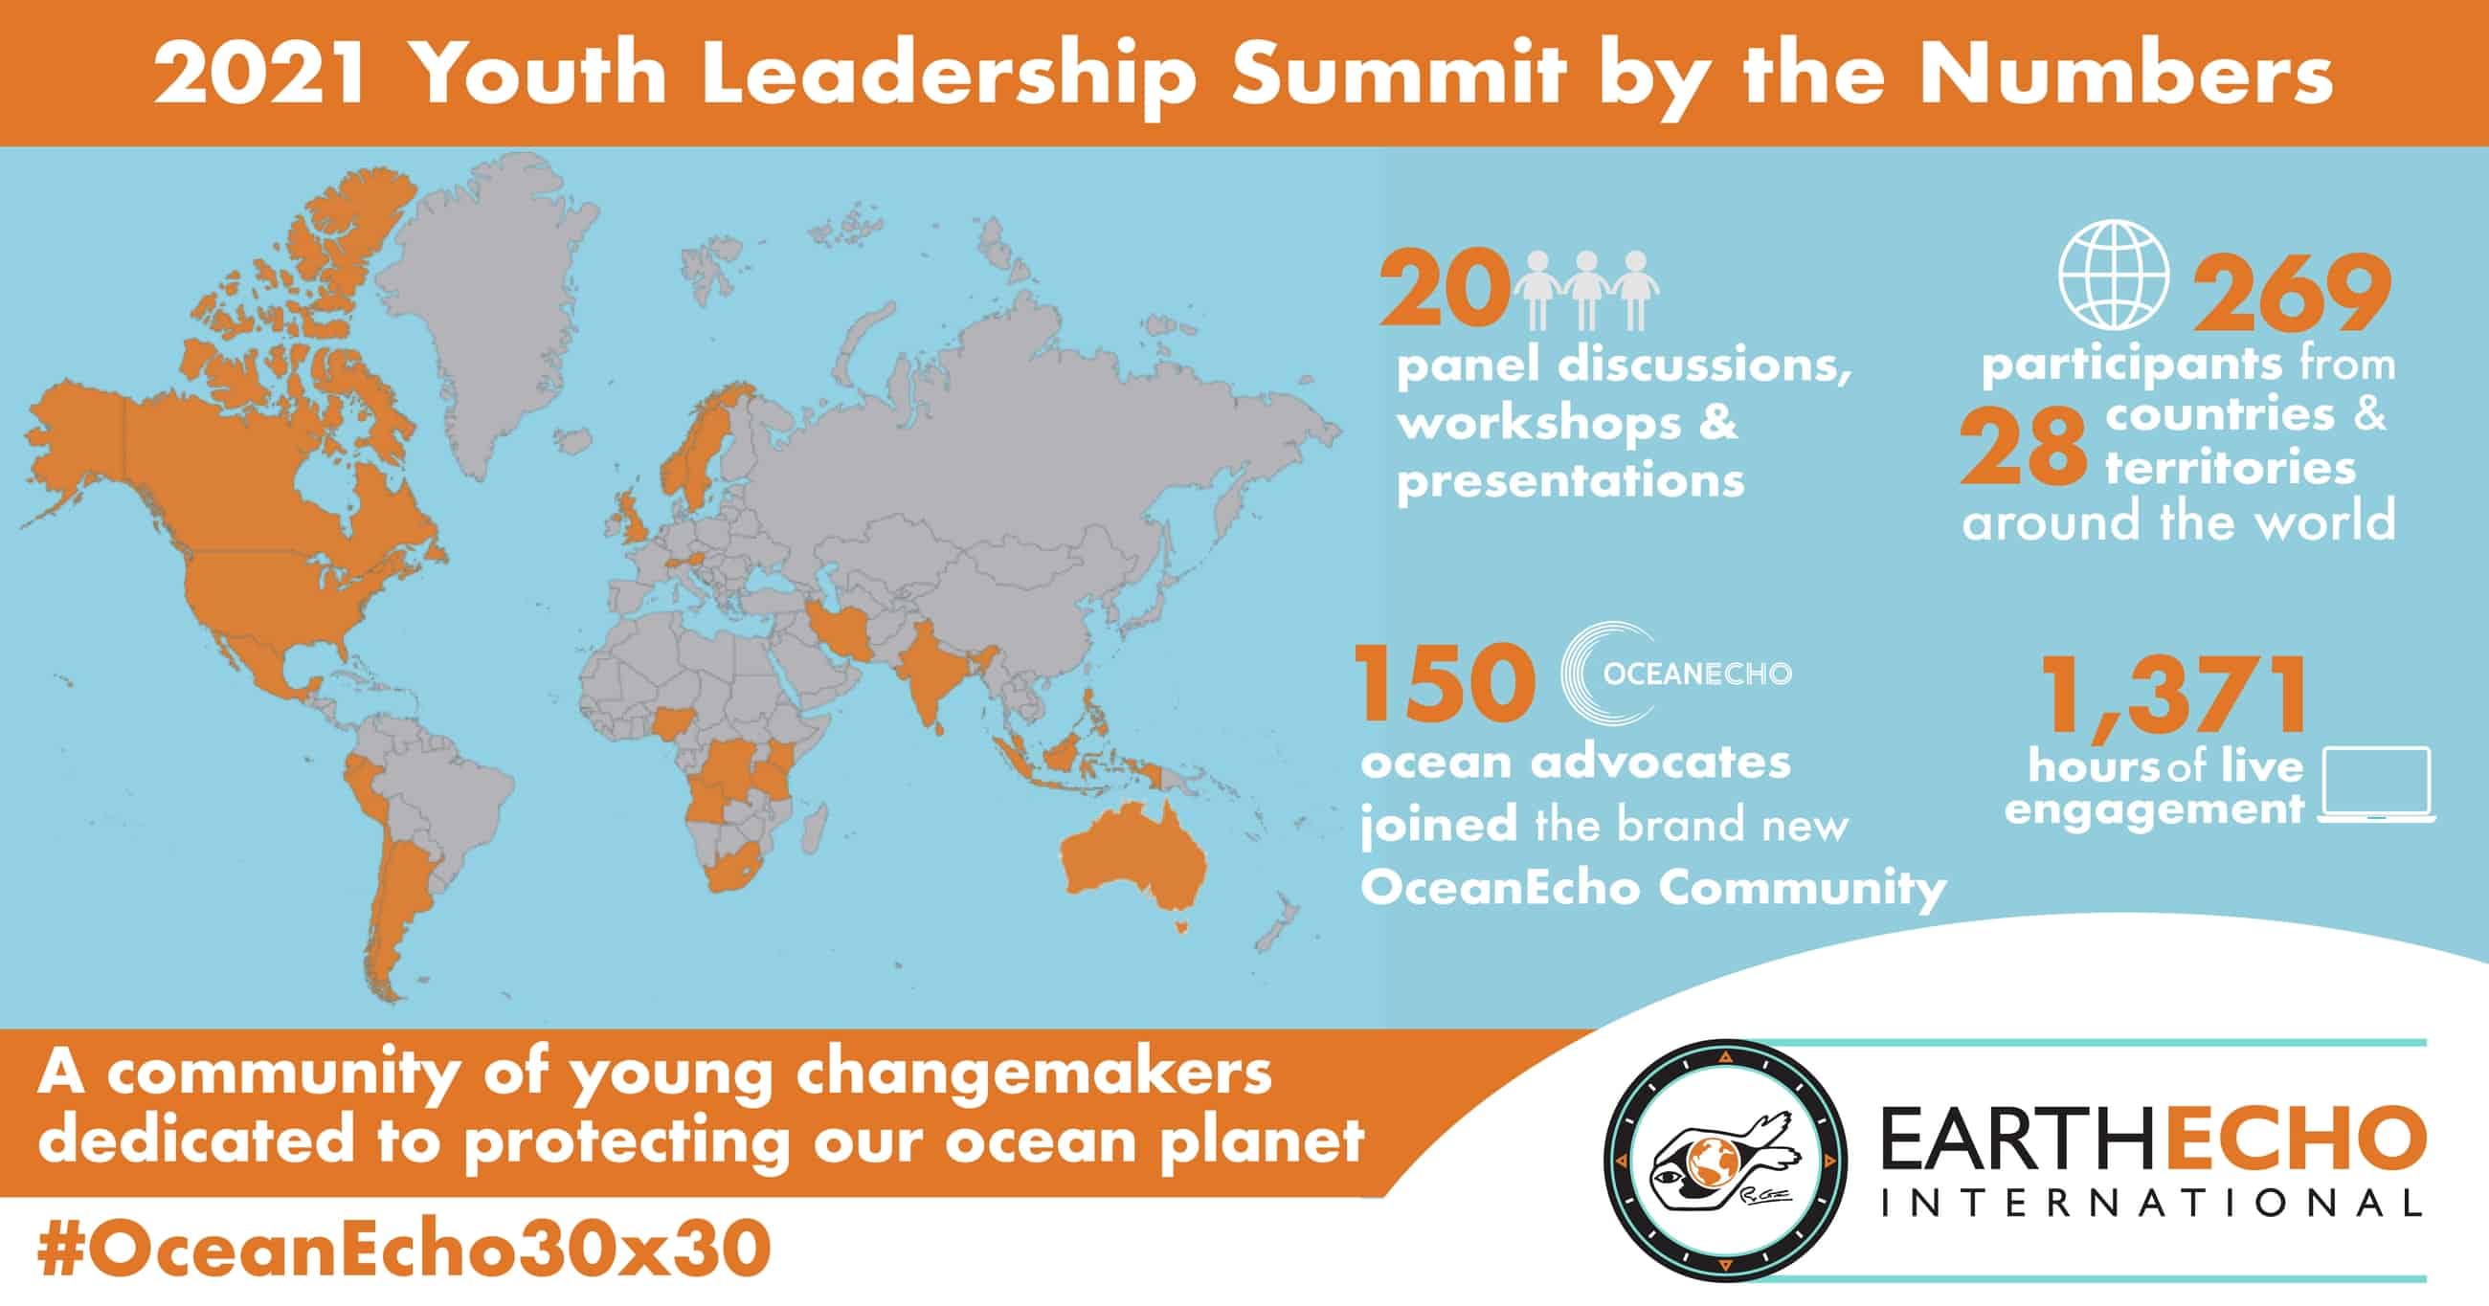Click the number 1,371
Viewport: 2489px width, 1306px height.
pos(2174,697)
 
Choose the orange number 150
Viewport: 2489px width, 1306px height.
pos(1446,685)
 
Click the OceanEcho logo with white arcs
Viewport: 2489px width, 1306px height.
pos(1676,674)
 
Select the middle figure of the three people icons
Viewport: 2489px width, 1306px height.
pos(1585,290)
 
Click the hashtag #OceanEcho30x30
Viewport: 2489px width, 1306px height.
pos(404,1251)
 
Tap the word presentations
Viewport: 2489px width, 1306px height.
pos(1570,480)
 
